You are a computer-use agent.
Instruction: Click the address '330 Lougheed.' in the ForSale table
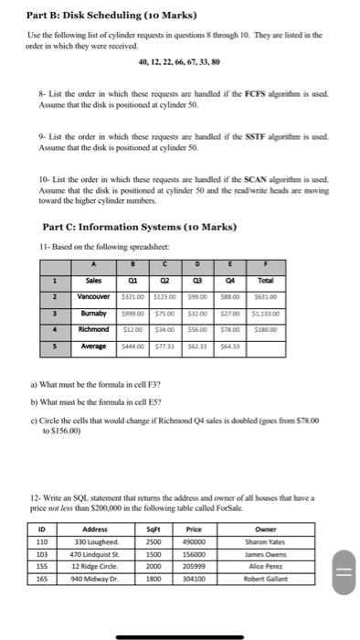pyautogui.click(x=94, y=541)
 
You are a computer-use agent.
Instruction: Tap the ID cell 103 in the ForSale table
pyautogui.click(x=41, y=554)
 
